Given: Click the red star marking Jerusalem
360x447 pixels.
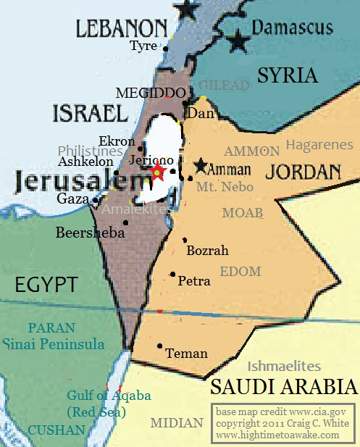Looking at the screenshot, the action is click(x=156, y=172).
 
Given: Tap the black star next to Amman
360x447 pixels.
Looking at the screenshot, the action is click(x=200, y=165).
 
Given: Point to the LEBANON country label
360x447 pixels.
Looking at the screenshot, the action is click(x=122, y=28).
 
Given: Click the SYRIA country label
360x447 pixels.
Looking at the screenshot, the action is click(x=288, y=75).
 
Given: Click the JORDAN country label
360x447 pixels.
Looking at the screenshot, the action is click(x=304, y=172).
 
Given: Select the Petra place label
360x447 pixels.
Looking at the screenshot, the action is click(x=194, y=280).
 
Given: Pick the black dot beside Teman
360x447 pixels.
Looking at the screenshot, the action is click(x=159, y=346).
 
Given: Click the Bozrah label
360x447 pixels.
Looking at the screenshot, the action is click(x=207, y=251).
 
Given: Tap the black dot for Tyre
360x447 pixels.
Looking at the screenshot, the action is click(x=166, y=49).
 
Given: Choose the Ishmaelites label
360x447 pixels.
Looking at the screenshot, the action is click(x=284, y=366).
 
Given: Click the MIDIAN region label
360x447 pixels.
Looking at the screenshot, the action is click(x=177, y=423).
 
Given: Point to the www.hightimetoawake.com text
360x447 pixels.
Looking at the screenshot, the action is click(x=277, y=435).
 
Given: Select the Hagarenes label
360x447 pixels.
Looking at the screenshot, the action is click(x=319, y=145).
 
